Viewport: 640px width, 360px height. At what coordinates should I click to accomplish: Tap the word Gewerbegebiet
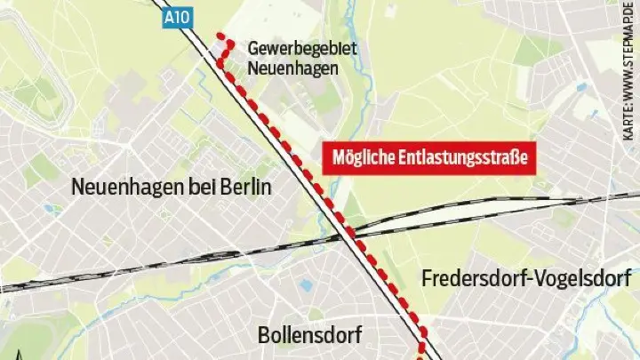click(303, 48)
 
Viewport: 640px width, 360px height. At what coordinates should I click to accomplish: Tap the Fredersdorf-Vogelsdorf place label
click(526, 278)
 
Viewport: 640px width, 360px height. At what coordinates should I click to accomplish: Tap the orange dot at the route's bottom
click(420, 356)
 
